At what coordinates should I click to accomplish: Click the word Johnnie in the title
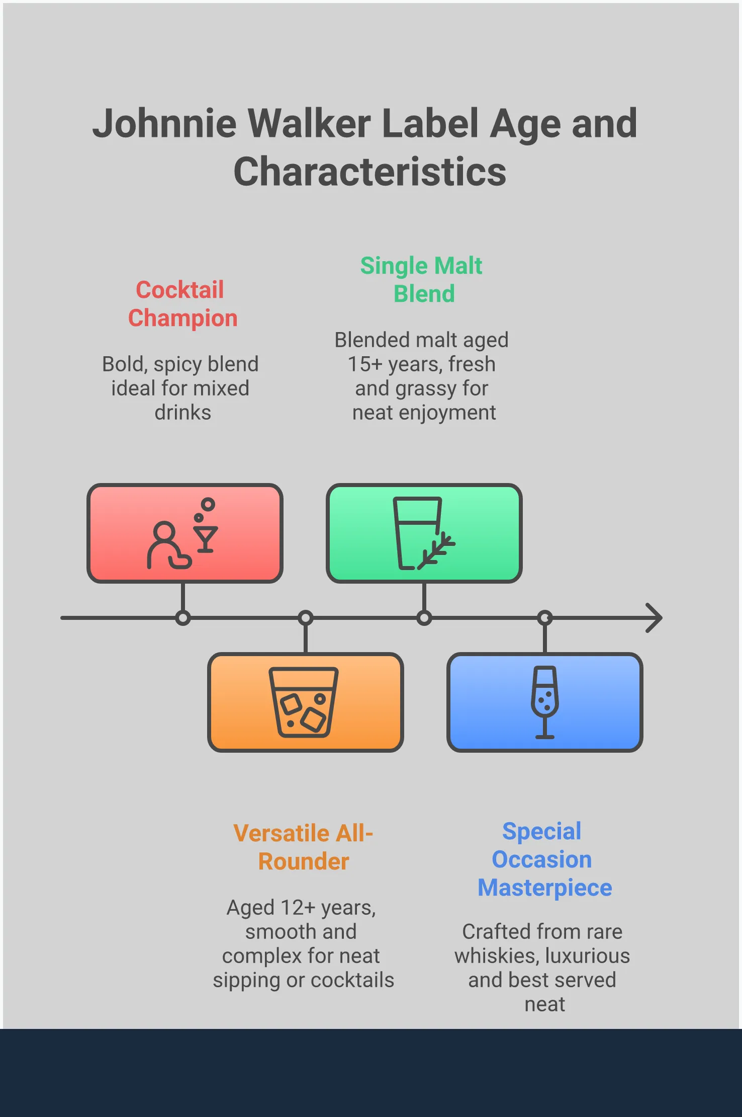164,124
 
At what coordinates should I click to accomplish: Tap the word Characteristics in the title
370,172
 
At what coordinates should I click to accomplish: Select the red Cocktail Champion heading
182,304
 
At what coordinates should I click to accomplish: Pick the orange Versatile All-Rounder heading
303,847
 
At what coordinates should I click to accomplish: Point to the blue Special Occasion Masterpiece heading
544,859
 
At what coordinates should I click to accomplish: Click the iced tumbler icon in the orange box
303,702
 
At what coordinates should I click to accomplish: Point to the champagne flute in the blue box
544,701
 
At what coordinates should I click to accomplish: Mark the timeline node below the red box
183,617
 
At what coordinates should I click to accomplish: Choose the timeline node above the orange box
305,617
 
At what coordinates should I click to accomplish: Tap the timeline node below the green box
424,617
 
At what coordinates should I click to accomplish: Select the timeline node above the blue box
544,617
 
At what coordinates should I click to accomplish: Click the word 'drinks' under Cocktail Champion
182,413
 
